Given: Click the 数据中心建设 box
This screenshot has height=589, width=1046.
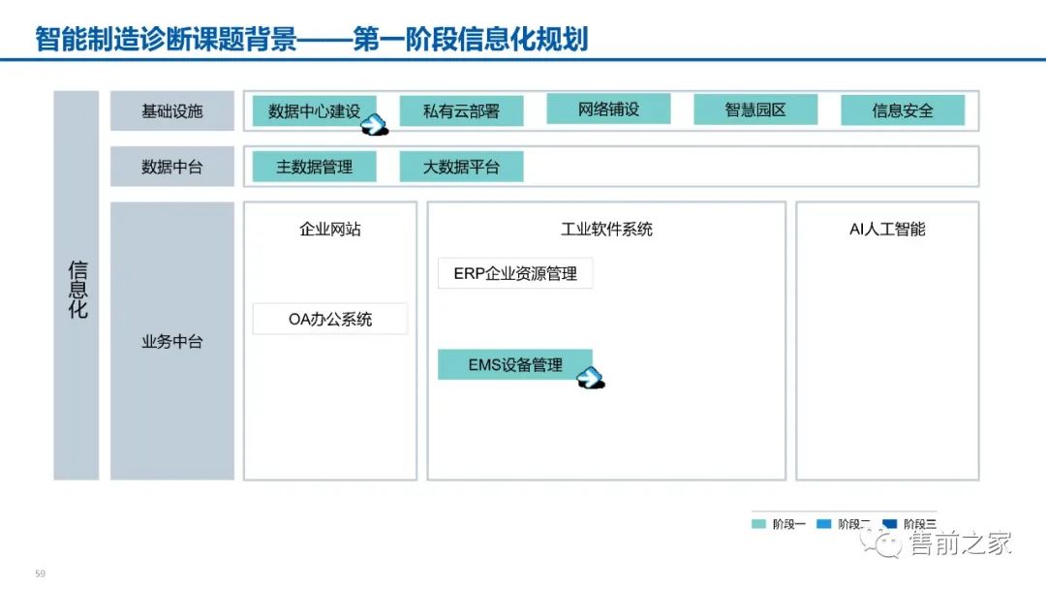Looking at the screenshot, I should pyautogui.click(x=312, y=110).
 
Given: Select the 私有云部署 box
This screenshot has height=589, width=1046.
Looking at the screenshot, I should pyautogui.click(x=461, y=110).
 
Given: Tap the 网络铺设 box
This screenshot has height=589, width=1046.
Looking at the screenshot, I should pyautogui.click(x=608, y=108).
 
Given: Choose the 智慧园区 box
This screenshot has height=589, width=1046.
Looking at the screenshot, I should pyautogui.click(x=755, y=109).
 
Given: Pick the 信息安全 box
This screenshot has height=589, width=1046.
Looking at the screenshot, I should pyautogui.click(x=903, y=110).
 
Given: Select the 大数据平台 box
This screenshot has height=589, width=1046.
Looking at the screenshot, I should pyautogui.click(x=461, y=167).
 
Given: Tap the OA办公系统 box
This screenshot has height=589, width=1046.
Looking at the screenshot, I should pyautogui.click(x=330, y=319).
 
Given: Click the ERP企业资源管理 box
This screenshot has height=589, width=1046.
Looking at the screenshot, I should pyautogui.click(x=515, y=273).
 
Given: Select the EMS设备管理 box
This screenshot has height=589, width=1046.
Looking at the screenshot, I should pyautogui.click(x=515, y=365).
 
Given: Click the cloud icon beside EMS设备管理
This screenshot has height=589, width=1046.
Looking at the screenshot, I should pyautogui.click(x=591, y=378).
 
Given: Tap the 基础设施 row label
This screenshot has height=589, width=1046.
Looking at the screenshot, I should pyautogui.click(x=172, y=110).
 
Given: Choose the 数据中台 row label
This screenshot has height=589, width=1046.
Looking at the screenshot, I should pyautogui.click(x=172, y=167).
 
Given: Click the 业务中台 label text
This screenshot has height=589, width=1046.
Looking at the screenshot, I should pyautogui.click(x=172, y=341).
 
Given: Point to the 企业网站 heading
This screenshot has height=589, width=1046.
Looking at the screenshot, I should pyautogui.click(x=330, y=230).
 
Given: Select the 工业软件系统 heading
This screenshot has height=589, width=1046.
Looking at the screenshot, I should pyautogui.click(x=606, y=230).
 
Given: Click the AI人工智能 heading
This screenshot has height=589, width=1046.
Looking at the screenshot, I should pyautogui.click(x=887, y=230).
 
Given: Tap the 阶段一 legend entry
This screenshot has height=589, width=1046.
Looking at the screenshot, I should pyautogui.click(x=780, y=524).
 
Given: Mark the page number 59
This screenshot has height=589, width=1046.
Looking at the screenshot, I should pyautogui.click(x=40, y=573).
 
